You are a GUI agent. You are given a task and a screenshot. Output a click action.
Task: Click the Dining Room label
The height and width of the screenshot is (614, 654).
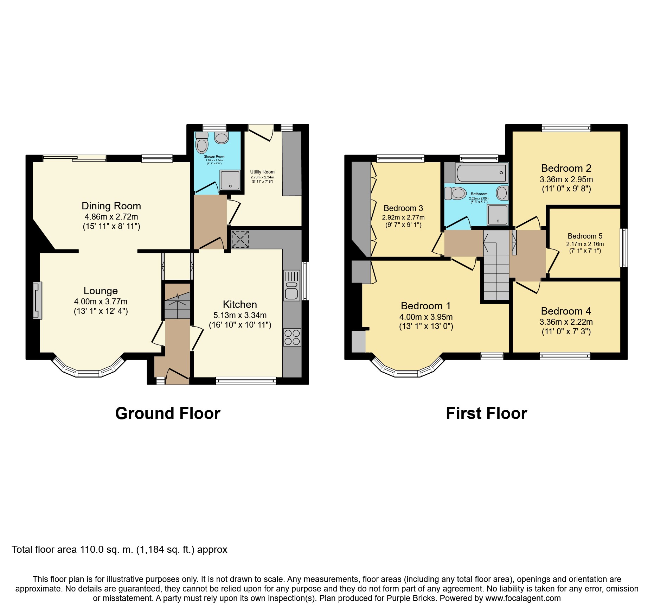[111, 206]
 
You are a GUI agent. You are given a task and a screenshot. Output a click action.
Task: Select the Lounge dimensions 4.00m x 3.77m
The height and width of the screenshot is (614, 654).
[101, 302]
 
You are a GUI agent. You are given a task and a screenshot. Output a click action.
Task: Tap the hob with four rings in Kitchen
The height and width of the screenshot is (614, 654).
[292, 337]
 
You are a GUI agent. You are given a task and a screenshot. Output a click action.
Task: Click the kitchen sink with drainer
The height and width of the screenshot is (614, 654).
[291, 285]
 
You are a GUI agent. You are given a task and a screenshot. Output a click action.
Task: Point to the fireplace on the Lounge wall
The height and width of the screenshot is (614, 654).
[37, 300]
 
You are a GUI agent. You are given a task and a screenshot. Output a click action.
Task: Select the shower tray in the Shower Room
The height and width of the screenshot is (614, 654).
[230, 180]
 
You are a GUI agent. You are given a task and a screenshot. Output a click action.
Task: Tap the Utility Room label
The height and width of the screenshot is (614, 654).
[262, 172]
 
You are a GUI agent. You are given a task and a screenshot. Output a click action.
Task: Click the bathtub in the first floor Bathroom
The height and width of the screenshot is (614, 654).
[481, 173]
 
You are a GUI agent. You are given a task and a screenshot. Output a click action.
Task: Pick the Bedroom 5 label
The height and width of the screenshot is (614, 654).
[585, 236]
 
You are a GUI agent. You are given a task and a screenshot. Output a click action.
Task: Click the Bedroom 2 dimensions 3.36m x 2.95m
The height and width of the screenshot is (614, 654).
[566, 179]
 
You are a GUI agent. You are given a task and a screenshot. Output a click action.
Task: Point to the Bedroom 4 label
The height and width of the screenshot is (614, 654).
[566, 311]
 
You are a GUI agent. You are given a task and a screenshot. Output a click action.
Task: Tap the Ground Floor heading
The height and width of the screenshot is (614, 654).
[168, 413]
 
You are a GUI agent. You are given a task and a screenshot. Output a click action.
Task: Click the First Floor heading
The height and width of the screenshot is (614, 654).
[486, 413]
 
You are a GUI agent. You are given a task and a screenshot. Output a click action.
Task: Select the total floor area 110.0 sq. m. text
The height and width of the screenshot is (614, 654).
[120, 550]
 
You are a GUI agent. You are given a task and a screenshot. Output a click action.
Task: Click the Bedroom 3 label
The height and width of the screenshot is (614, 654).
[403, 208]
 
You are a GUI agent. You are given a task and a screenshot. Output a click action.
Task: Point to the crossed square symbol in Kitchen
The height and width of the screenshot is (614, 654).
[240, 239]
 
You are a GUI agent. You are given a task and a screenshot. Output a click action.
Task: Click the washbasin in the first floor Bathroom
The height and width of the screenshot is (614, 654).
[502, 193]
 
